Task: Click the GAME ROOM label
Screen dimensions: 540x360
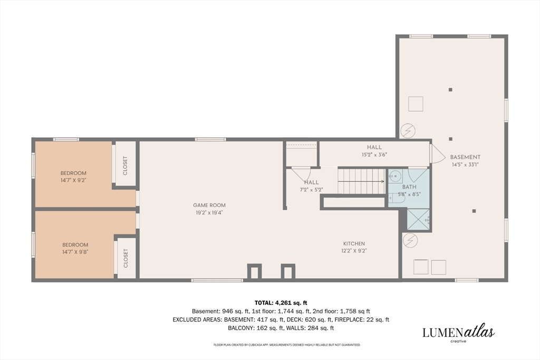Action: (209, 205)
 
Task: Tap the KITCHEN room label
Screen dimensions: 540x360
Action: (354, 244)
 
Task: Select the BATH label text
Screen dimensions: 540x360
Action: (409, 187)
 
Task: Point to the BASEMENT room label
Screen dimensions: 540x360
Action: (465, 157)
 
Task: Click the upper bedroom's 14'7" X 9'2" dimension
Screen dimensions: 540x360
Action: (73, 180)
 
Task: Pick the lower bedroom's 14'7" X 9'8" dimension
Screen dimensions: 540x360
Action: (75, 251)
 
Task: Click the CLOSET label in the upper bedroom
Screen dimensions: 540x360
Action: (125, 166)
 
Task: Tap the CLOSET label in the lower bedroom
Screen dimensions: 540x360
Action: (126, 258)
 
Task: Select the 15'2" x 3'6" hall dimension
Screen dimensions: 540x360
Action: (374, 154)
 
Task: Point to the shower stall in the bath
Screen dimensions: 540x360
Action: (418, 219)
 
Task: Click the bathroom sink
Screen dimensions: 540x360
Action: (395, 176)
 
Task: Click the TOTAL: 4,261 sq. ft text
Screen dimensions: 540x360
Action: (281, 303)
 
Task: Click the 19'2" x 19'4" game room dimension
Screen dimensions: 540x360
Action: (209, 212)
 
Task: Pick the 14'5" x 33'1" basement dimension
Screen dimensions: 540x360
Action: (465, 164)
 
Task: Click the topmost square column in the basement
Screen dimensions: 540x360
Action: (450, 90)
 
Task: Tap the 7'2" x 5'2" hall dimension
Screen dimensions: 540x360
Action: (311, 189)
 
